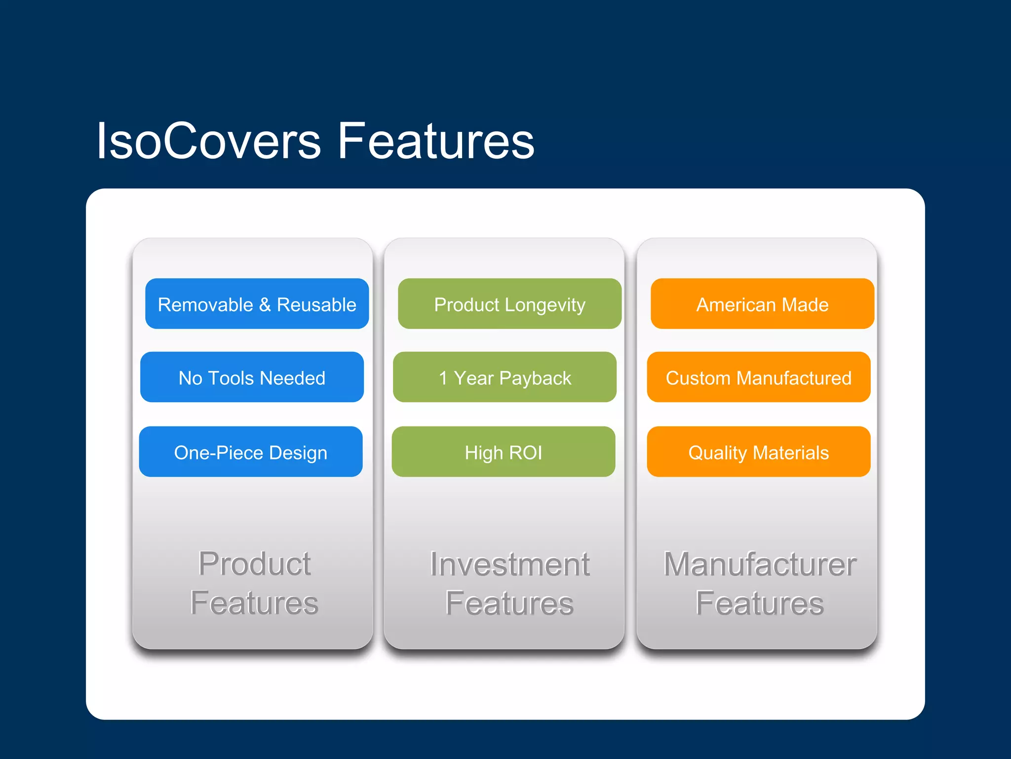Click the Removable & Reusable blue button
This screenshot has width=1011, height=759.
pos(257,304)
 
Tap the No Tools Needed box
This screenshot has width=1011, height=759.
pos(252,377)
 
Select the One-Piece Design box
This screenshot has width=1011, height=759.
pos(251,452)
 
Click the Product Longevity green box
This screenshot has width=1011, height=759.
pos(509,304)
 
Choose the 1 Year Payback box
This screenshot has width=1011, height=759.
pos(505,377)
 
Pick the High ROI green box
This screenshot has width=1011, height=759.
pos(504,452)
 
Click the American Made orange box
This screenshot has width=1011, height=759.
pos(762,304)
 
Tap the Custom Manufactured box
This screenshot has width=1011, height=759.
pos(758,377)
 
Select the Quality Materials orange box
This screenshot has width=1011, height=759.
pos(758,452)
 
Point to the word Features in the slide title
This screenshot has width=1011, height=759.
pos(435,141)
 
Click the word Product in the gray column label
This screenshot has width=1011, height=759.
pos(254,564)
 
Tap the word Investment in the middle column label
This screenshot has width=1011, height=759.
pos(509,564)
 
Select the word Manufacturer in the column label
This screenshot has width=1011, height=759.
pos(760,564)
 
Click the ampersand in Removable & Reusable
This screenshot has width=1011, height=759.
pos(265,305)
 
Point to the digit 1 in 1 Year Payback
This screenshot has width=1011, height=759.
pos(443,378)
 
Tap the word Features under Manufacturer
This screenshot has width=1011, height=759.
pos(760,603)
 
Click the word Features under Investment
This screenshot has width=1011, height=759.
pos(509,603)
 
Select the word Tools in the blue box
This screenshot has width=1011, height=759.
pos(231,378)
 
